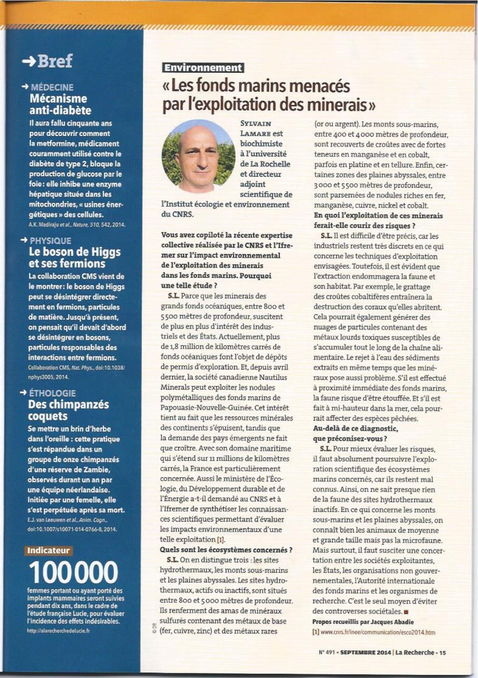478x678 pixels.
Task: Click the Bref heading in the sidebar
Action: pos(55,61)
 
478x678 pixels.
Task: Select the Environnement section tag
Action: pos(202,68)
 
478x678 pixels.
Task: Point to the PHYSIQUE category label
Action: pos(50,241)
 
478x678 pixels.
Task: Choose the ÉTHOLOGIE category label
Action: pos(52,393)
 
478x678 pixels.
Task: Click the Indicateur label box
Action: pos(48,550)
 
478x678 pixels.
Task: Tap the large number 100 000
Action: pos(73,572)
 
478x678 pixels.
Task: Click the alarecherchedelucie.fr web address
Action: pos(59,631)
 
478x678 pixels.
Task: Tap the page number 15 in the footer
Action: pos(442,652)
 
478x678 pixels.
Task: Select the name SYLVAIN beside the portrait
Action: pos(255,124)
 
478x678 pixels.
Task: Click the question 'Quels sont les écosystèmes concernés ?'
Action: pos(226,550)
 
